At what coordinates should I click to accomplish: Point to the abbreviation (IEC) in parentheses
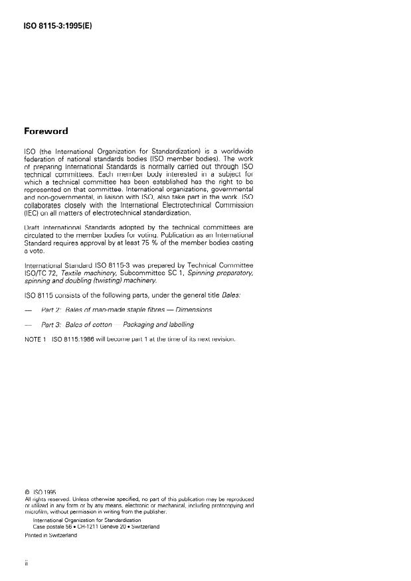33,213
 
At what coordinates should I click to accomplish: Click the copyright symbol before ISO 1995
27,492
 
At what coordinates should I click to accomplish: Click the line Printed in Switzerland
50,535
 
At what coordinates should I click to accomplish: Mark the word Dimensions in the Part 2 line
193,309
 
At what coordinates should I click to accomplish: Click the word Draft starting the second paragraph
33,229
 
